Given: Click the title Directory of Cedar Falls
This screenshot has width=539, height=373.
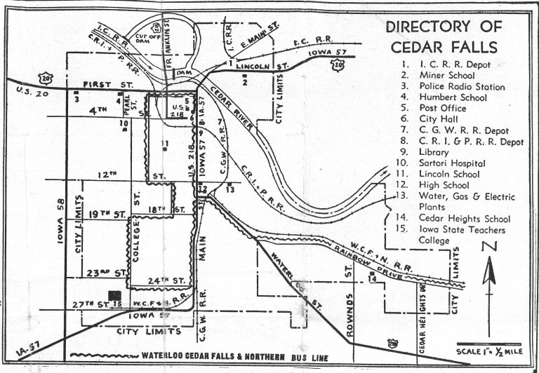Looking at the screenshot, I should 444,37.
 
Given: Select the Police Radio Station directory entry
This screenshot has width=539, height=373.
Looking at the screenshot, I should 452,87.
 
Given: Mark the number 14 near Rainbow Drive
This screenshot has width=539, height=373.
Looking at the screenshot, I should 372,279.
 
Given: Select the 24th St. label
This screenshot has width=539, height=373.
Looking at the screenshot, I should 167,280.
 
